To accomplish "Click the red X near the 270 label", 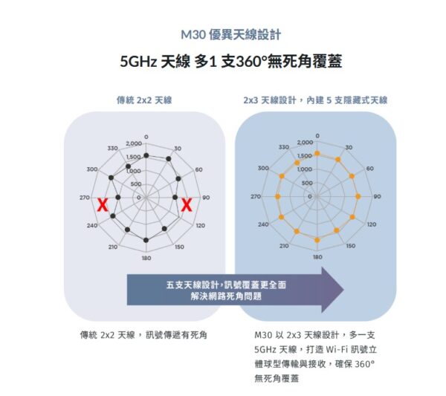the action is point(103,205).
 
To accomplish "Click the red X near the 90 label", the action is point(187,205).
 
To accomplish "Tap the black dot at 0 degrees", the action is point(146,155).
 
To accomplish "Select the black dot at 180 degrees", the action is point(146,240).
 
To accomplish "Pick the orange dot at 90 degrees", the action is point(358,196).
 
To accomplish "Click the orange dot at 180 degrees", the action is point(317,240).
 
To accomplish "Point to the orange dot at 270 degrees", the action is point(278,196).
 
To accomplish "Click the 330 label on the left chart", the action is point(112,149).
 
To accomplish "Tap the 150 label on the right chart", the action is point(351,246).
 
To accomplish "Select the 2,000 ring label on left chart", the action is point(134,144).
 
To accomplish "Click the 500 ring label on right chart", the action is point(307,183).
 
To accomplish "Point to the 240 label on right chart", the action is point(263,224).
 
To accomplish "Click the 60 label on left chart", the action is point(198,169).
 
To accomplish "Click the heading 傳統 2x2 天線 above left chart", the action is point(144,100).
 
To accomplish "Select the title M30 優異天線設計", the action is point(231,35).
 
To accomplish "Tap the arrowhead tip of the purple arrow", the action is point(344,290).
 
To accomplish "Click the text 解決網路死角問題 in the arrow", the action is point(226,296).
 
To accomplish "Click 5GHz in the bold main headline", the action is point(138,62).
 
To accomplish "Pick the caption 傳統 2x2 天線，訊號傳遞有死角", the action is point(143,335).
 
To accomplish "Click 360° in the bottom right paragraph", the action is point(365,364).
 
